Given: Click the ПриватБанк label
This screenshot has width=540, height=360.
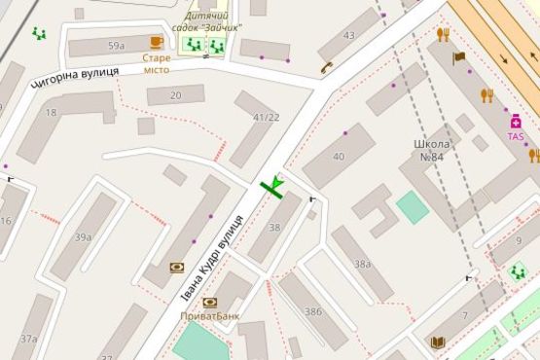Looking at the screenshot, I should click(211, 316).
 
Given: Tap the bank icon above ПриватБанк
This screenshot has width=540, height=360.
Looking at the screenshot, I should click(209, 303).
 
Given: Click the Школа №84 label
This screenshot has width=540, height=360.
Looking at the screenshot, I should click(429, 150).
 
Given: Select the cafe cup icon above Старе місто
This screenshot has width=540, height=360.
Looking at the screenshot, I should click(157, 41).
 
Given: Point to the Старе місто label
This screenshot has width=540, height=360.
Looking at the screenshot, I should click(156, 63).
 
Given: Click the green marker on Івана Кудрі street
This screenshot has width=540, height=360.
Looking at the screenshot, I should click(275, 185).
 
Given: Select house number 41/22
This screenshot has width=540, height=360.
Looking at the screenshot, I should click(266, 118).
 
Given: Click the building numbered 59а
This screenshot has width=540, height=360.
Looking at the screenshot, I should click(117, 46).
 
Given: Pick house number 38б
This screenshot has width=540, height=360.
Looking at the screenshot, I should click(313, 311).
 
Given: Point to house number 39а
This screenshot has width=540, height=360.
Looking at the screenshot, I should click(84, 236).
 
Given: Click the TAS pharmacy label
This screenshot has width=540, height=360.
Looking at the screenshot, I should click(515, 137).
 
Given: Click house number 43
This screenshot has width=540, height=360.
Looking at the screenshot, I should click(349, 37).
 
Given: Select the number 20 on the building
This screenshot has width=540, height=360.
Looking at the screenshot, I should click(175, 94).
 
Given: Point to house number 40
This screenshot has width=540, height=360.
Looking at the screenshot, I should click(339, 157).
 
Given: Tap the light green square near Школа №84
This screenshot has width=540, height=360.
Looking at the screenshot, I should click(413, 207).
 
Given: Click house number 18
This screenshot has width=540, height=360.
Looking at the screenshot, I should click(51, 113).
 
